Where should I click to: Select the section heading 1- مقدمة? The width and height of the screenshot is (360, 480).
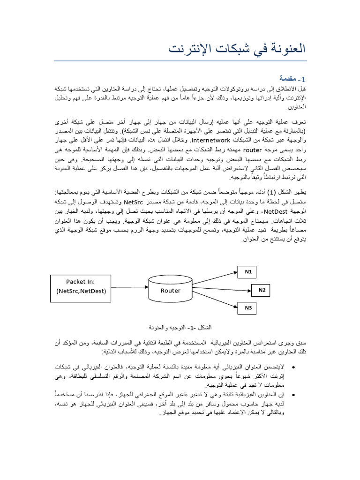pyautogui.click(x=292, y=78)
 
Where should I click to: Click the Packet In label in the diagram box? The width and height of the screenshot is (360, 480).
pyautogui.click(x=81, y=281)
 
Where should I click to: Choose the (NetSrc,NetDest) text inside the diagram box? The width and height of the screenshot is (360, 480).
pyautogui.click(x=81, y=291)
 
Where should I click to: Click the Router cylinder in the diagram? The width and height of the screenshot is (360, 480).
pyautogui.click(x=171, y=290)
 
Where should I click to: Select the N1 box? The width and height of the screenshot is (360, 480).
pyautogui.click(x=248, y=272)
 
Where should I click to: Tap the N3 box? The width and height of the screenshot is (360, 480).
pyautogui.click(x=248, y=308)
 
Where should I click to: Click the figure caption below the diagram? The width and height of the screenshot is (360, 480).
pyautogui.click(x=180, y=327)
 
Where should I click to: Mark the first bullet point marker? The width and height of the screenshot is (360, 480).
pyautogui.click(x=293, y=367)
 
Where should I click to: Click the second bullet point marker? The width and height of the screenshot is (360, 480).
pyautogui.click(x=293, y=394)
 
